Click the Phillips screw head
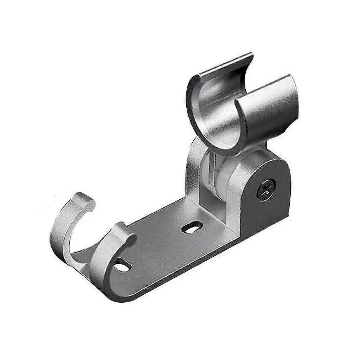tap(266, 190)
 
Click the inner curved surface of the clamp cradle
tap(214, 116)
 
